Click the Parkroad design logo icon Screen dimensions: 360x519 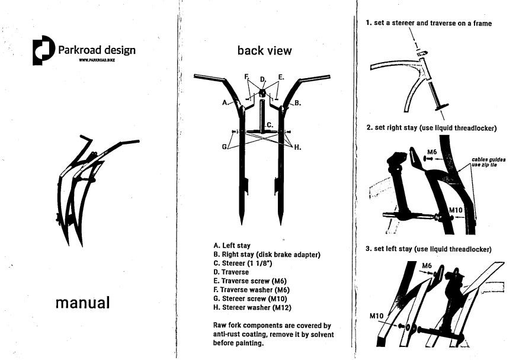tap(43, 51)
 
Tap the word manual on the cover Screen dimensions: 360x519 tap(82, 303)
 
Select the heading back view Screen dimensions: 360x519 tap(264, 51)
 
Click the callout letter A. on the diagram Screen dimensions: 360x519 tap(225, 102)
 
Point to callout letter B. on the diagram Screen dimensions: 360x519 tap(297, 103)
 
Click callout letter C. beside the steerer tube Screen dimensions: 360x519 tap(270, 125)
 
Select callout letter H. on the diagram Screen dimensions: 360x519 tap(297, 147)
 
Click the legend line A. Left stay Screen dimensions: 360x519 tap(232, 245)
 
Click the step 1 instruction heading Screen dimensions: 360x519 tap(428, 23)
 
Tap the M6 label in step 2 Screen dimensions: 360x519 tap(432, 152)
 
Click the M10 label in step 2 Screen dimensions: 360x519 tap(455, 210)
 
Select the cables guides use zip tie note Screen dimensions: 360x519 tap(489, 162)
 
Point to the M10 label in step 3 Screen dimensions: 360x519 tap(377, 316)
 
